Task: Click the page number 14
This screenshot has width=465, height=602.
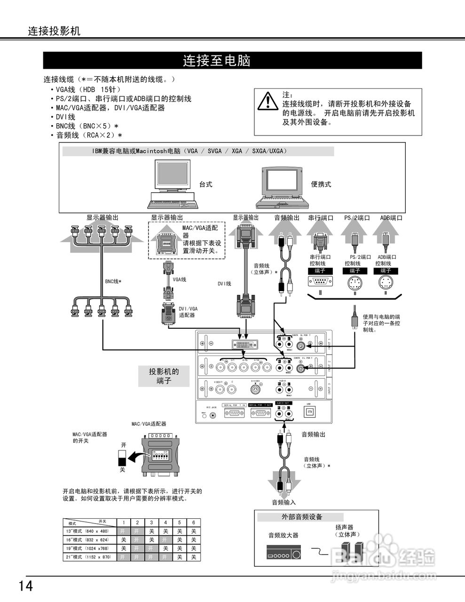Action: click(x=26, y=586)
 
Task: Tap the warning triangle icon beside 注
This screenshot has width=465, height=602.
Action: click(x=268, y=102)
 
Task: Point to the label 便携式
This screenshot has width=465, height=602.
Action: click(x=321, y=184)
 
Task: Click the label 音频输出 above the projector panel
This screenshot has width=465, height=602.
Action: click(x=286, y=218)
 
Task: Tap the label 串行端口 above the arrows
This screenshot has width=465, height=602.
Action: click(x=321, y=218)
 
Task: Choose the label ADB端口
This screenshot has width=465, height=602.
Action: click(x=391, y=218)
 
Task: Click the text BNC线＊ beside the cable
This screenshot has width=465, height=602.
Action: click(x=113, y=282)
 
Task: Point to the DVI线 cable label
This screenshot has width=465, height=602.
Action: click(x=224, y=284)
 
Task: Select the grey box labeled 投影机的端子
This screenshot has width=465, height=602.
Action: click(x=164, y=376)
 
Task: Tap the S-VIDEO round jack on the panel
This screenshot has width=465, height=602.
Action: click(x=255, y=390)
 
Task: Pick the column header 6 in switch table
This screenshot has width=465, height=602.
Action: click(x=193, y=523)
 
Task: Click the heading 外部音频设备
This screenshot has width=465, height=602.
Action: click(x=302, y=516)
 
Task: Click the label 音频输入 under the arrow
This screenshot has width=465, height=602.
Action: click(x=284, y=502)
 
